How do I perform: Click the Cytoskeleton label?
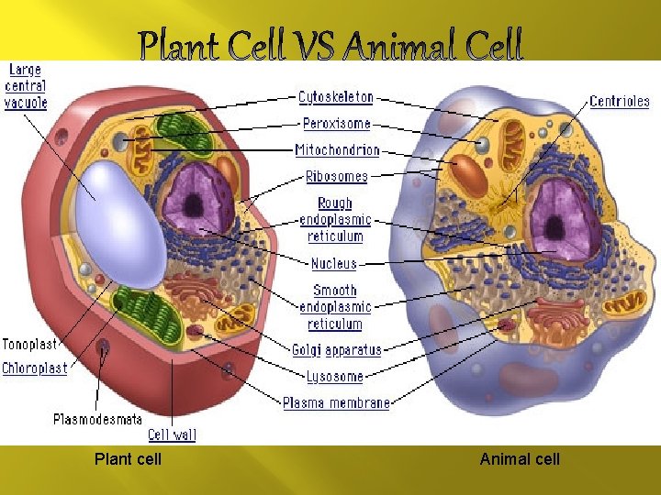tap(336, 96)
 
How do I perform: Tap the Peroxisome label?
tap(336, 123)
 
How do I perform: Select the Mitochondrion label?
tap(337, 149)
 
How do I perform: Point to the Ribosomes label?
tap(337, 176)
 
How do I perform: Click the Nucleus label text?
tap(334, 263)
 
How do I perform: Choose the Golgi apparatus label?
tap(337, 349)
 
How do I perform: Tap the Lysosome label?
tap(335, 376)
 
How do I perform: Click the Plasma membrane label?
tap(336, 402)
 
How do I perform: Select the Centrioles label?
tap(620, 102)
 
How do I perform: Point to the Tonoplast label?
tap(29, 345)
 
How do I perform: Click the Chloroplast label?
tap(35, 368)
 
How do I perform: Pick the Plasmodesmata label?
tap(98, 420)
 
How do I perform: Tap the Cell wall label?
tap(173, 434)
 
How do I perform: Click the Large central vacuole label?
tap(26, 86)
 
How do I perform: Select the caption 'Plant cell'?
tap(128, 458)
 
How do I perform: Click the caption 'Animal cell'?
tap(520, 458)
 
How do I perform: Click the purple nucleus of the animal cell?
tap(564, 219)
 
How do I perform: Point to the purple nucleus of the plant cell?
tap(197, 199)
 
